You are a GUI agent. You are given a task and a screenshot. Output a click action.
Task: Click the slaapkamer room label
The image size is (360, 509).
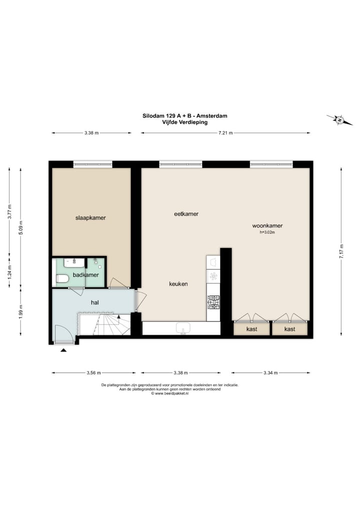90,218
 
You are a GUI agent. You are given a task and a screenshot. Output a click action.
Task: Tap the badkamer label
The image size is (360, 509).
85,275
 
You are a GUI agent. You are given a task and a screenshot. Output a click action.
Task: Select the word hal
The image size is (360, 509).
94,302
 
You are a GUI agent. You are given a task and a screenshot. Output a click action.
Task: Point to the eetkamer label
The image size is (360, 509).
186,214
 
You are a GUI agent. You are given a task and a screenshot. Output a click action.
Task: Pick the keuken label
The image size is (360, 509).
178,284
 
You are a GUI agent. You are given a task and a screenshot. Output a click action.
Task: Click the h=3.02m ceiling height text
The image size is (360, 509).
267,232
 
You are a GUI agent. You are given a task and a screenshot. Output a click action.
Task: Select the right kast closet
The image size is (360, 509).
290,329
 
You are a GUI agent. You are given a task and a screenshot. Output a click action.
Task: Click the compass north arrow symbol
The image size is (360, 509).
339,120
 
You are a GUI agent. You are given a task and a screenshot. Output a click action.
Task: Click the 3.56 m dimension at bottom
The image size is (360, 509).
93,373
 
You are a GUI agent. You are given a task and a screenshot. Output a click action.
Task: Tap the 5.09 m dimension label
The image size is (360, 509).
20,227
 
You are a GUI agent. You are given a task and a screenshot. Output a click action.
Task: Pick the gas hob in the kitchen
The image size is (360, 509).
213,301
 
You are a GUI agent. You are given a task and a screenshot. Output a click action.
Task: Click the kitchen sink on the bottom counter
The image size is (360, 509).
183,328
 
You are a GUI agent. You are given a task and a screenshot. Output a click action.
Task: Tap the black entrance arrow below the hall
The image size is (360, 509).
63,350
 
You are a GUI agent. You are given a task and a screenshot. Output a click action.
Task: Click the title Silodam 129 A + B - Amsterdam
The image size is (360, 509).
184,115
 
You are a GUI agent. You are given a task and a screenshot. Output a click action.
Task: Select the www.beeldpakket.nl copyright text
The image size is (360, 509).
170,393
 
